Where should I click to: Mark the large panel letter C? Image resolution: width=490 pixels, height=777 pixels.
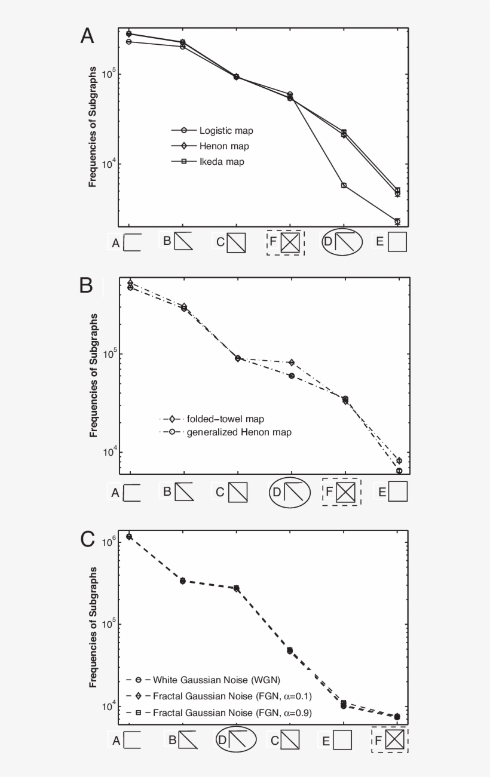click(x=87, y=539)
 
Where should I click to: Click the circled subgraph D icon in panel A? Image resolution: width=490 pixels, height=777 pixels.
click(x=344, y=242)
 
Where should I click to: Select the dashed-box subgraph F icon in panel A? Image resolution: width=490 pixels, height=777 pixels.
click(x=286, y=242)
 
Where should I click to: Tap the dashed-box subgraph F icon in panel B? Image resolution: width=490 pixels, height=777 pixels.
click(x=341, y=492)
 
